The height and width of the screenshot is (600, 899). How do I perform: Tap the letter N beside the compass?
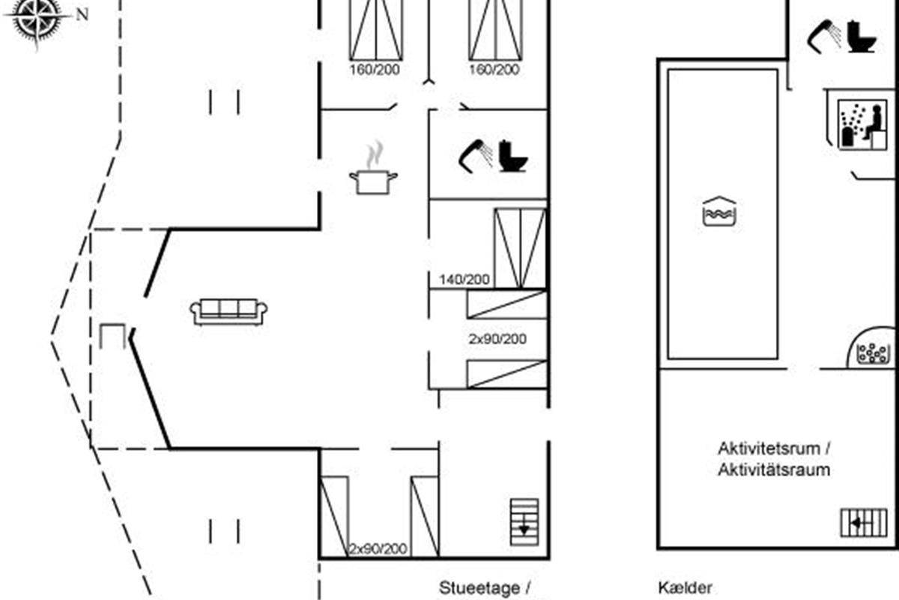pos(82,14)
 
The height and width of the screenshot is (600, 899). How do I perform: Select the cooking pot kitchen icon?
pos(373,181)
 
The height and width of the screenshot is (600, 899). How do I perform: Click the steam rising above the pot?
pos(373,156)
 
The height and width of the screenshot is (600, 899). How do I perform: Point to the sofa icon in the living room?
pos(229,311)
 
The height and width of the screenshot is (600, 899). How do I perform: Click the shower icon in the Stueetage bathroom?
pos(476,154)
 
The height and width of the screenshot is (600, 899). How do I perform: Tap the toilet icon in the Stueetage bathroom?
pos(513,156)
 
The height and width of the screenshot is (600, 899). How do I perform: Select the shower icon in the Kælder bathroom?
pos(824,34)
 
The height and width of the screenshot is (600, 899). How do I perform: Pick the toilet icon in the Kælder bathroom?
pos(862,36)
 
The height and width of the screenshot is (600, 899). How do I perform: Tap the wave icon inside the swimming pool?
pos(720,211)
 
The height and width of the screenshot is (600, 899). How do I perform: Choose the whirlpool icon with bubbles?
pos(872,349)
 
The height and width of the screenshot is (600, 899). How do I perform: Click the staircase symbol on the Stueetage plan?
pos(524,521)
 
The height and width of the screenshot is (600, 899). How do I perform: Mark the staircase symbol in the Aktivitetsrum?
pos(863,523)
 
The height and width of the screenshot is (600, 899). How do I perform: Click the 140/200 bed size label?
pos(464,280)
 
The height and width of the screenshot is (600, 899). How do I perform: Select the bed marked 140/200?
pos(520,247)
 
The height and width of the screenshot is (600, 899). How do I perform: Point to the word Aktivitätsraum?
pos(774,470)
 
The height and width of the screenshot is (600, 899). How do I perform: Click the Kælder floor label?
pos(685,588)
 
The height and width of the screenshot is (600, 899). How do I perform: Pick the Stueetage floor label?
pos(479,588)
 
